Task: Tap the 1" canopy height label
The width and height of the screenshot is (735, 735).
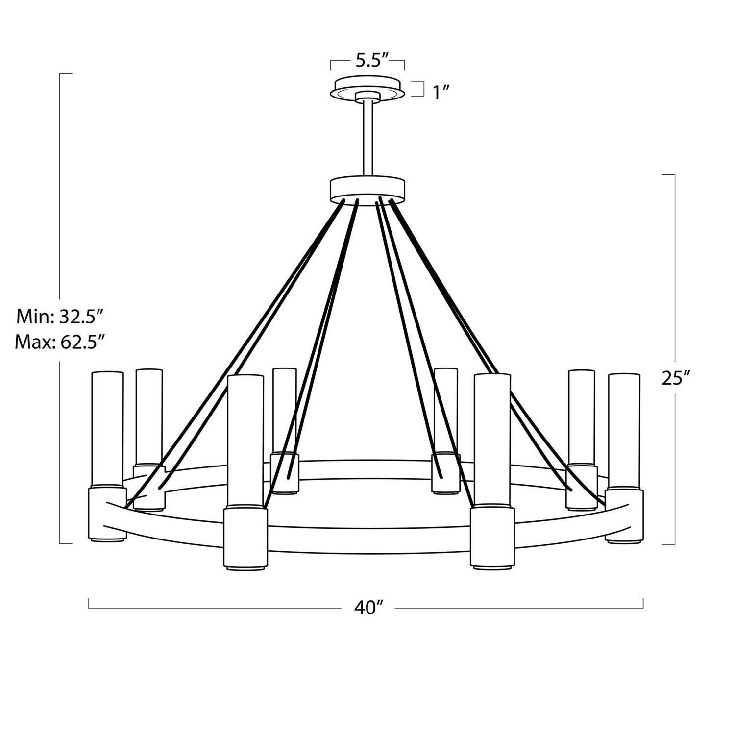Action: click(x=441, y=92)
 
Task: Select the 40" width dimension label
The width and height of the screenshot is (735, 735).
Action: click(x=368, y=608)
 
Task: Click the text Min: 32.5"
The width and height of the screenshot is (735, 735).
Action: click(x=60, y=317)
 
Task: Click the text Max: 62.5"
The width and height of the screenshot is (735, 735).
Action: click(x=60, y=342)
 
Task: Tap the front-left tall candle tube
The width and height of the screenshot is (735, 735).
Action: click(x=245, y=441)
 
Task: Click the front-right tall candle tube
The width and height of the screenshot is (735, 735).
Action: click(x=492, y=441)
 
